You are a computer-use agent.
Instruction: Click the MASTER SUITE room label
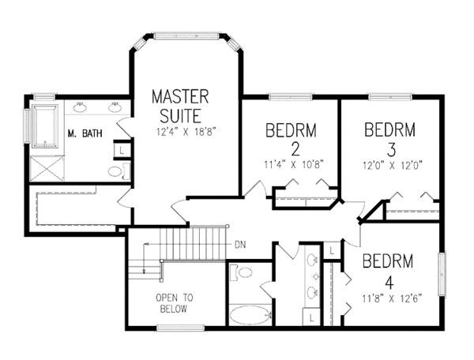pos(180,107)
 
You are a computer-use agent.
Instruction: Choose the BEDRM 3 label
pos(390,137)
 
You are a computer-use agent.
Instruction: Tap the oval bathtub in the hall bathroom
pos(250,314)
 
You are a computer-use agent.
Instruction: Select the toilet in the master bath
pos(115,172)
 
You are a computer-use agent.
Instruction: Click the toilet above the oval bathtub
pos(244,273)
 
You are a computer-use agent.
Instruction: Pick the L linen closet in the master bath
pos(122,148)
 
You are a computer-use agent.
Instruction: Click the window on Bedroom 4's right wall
pos(442,272)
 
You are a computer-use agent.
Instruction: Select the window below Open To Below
pos(181,327)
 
